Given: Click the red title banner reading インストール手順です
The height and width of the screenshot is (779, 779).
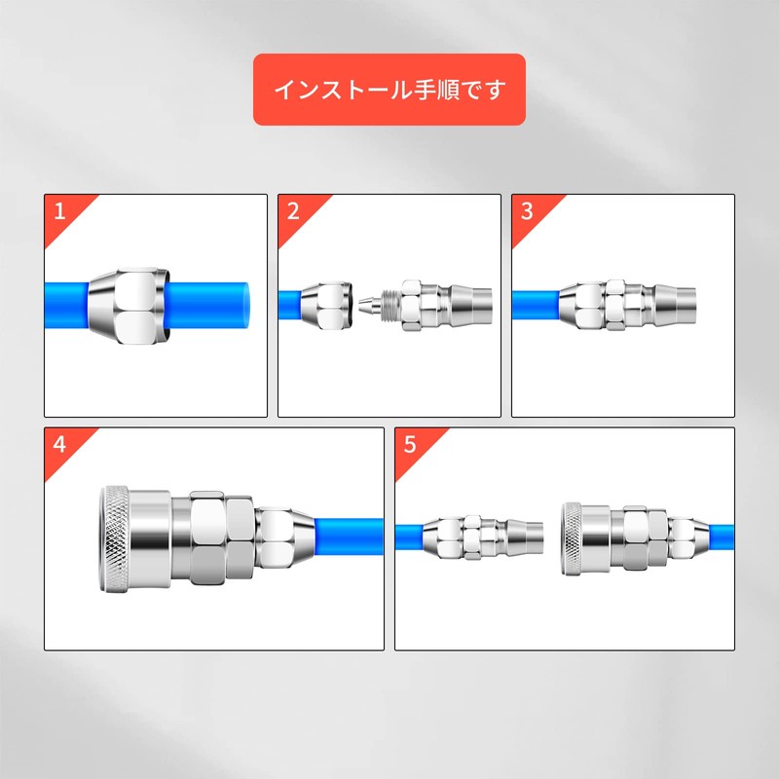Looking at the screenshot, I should point(389,90).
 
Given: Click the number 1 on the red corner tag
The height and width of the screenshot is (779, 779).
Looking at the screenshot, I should point(60,212).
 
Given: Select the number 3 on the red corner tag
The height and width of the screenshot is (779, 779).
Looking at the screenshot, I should point(527,212).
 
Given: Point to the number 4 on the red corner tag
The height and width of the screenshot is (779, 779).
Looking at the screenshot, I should point(60,445).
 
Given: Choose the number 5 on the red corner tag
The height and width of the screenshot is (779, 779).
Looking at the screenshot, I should point(410,445).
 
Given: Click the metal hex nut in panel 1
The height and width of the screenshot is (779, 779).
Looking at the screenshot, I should point(127,306).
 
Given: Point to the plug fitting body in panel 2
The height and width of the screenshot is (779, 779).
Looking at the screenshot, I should point(438,305).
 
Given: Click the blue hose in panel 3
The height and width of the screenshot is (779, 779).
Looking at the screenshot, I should point(534,305).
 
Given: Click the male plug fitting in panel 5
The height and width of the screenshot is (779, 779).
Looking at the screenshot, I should point(479,538).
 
